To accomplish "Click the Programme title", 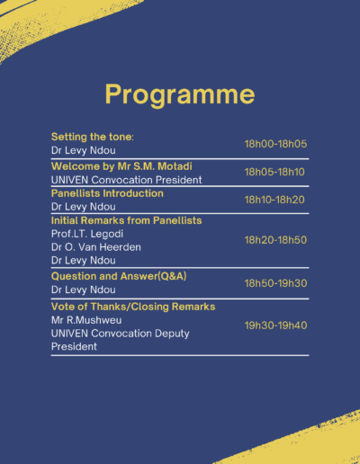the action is click(180, 94).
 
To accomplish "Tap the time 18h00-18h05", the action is click(275, 144).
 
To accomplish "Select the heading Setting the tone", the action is click(93, 137).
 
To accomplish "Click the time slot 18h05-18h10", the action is click(274, 172).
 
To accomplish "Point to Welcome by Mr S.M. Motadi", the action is click(121, 166).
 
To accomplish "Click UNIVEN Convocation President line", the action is click(126, 180).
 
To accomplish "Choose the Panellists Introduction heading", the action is click(107, 193).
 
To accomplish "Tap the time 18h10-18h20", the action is click(274, 200).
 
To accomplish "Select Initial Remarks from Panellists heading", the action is click(126, 220).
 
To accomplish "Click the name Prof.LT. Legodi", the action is click(87, 234).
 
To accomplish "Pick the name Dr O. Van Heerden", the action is click(96, 247).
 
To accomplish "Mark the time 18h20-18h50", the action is click(275, 240).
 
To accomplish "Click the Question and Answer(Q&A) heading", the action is click(119, 276).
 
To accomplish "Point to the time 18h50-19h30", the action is click(275, 283).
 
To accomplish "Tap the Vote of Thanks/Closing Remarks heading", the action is click(133, 307).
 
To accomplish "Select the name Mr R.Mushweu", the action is click(86, 320).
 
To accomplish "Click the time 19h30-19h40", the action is click(275, 326).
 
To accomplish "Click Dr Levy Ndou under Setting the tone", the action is click(84, 150).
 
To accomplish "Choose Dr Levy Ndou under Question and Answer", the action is click(84, 290).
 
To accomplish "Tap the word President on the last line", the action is click(74, 346).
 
